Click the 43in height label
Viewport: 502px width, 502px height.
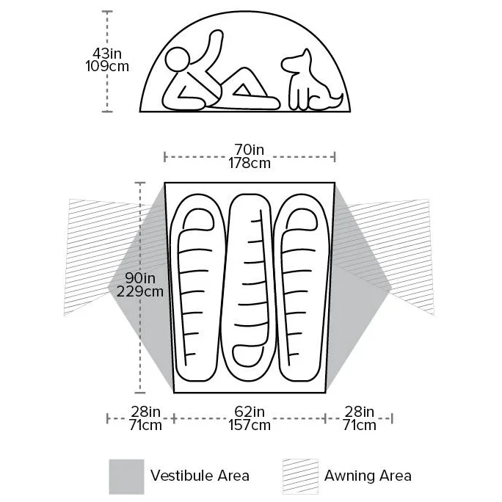[107, 53]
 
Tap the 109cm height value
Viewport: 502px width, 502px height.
[107, 66]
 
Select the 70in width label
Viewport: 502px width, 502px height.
[250, 150]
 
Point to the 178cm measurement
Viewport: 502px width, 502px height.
[250, 163]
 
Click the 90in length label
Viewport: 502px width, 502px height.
[140, 278]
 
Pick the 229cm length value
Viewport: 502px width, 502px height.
[140, 291]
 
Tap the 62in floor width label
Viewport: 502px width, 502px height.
[250, 412]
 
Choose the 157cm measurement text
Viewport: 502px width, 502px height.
[250, 425]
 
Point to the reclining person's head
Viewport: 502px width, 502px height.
[178, 59]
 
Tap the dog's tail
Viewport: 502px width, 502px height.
[335, 101]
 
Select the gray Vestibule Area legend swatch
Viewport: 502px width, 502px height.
[126, 477]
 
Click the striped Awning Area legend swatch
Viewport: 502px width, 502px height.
[301, 477]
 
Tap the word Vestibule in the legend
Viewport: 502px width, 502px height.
[182, 476]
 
